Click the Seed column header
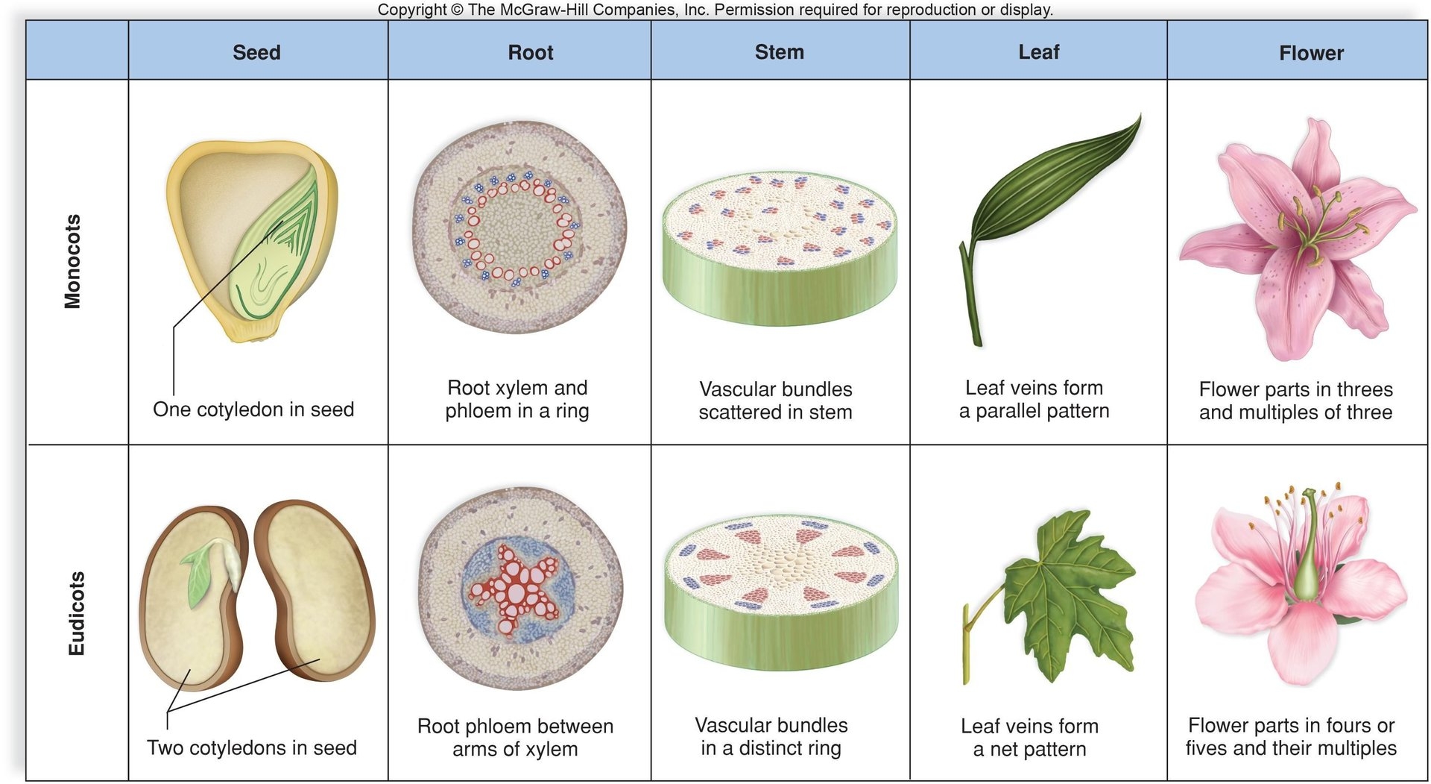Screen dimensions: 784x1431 coord(256,52)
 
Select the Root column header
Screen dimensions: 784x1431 coord(530,52)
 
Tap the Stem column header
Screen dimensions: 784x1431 coord(779,52)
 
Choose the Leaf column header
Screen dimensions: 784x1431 coord(1038,52)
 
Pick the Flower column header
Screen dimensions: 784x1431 coord(1311,53)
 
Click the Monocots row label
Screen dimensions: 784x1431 coord(72,261)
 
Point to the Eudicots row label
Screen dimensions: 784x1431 coord(76,613)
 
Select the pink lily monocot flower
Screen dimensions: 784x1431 coord(1297,239)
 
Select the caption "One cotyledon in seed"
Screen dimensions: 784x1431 coord(253,410)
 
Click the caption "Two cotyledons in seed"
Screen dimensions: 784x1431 coord(252,747)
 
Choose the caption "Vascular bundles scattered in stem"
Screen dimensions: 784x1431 coord(775,401)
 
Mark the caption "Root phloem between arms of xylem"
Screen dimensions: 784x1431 coord(515,737)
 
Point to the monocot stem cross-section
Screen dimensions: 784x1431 coord(779,246)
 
